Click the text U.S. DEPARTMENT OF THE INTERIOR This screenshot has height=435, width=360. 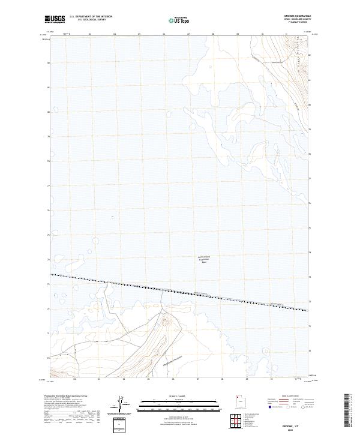click(x=91, y=17)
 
